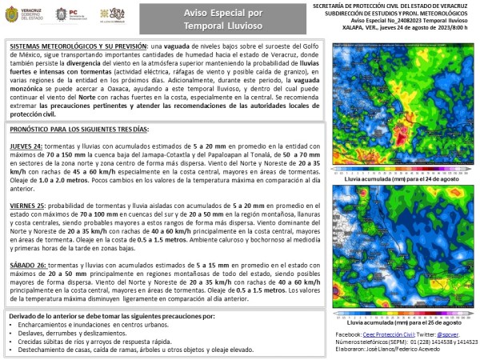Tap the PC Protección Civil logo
pos(67,15)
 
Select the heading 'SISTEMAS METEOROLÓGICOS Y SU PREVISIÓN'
pos(71,46)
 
